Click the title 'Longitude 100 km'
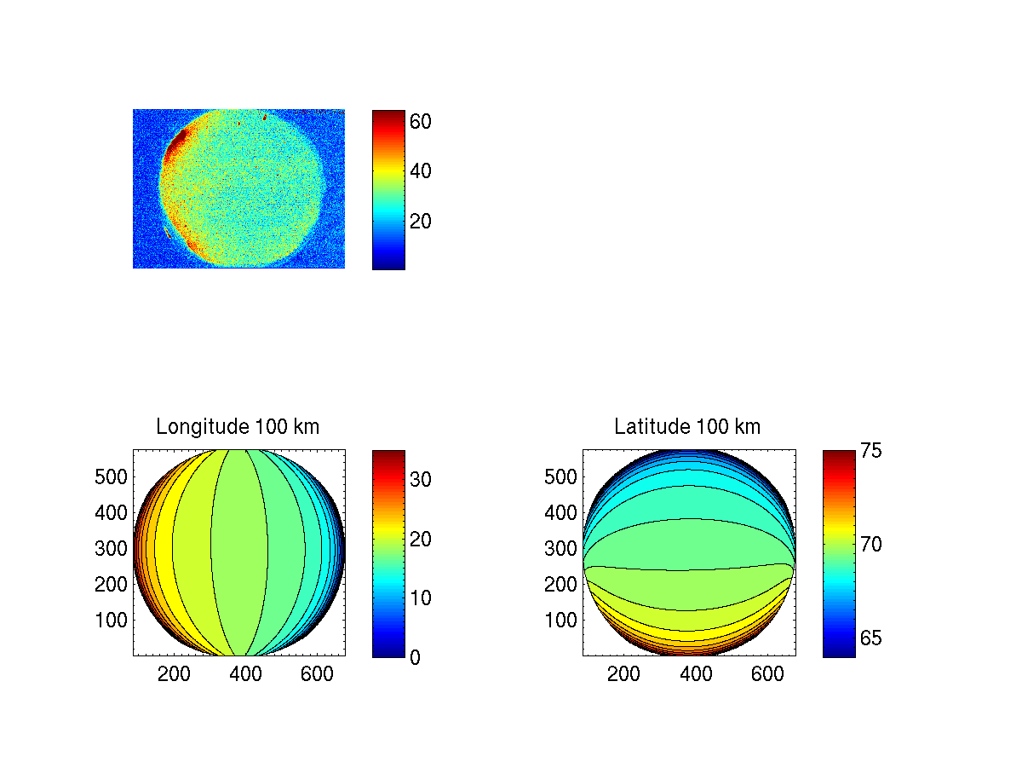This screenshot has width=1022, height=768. pos(238,427)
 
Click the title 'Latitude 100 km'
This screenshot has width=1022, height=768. pos(687,427)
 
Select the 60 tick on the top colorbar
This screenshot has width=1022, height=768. pos(421,122)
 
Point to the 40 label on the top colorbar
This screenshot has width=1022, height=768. pos(421,171)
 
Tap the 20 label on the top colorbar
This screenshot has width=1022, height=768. pos(421,222)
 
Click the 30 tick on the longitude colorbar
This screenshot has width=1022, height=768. pos(421,480)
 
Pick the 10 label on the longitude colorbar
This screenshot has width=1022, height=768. pos(421,598)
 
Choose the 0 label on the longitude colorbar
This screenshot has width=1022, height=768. pos(415,657)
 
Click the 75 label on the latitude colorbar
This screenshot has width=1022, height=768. pos(870,451)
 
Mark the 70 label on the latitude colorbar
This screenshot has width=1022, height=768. pos(870,544)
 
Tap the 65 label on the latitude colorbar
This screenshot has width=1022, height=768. pos(870,638)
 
